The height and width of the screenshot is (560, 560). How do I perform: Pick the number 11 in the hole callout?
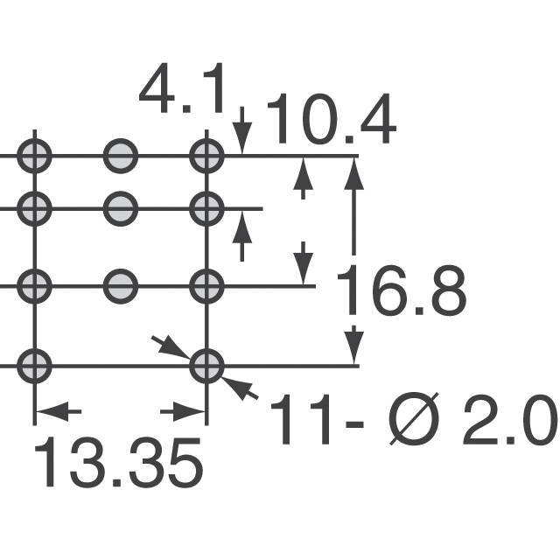[300, 420]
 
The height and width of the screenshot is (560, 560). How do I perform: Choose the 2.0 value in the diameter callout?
[511, 420]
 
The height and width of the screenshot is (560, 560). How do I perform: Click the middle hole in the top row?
[121, 157]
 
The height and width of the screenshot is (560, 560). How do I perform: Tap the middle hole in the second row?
[121, 208]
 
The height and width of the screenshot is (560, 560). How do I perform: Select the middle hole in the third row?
[121, 284]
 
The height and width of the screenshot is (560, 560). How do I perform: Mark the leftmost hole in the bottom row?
[34, 365]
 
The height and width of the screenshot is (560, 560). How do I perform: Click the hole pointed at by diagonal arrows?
[207, 365]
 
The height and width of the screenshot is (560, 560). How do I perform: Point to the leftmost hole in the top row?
[34, 157]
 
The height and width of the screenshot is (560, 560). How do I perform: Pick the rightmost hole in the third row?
[207, 284]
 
